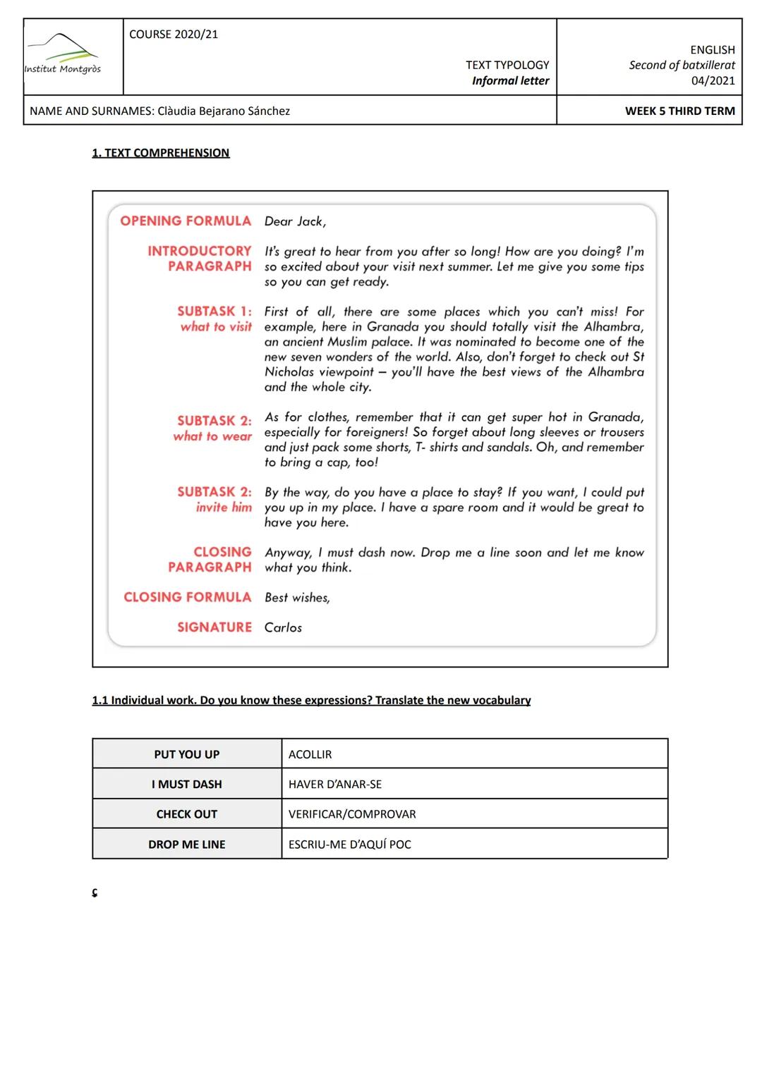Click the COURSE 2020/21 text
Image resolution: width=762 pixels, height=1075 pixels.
click(x=174, y=35)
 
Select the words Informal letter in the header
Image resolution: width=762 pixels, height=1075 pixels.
click(x=510, y=80)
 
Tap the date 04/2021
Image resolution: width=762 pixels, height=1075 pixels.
click(x=713, y=80)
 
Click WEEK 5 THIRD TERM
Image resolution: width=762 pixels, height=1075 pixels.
click(x=679, y=111)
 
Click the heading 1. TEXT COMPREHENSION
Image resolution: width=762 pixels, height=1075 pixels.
click(x=161, y=153)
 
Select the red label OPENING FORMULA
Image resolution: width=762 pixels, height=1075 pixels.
click(x=186, y=221)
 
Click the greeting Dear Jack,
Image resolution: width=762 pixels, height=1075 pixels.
click(x=295, y=221)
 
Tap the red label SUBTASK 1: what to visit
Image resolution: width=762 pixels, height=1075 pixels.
click(x=214, y=319)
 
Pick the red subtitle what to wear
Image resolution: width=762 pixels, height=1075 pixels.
click(x=212, y=436)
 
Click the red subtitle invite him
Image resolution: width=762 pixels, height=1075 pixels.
click(x=224, y=508)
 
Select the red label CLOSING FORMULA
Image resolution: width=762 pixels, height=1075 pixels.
click(x=187, y=597)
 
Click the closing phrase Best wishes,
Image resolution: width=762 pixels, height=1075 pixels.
click(x=297, y=598)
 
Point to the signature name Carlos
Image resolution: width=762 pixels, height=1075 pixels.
click(x=283, y=627)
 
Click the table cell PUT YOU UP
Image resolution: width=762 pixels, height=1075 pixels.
click(x=187, y=754)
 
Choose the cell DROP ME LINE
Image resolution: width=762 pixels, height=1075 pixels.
click(x=187, y=844)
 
